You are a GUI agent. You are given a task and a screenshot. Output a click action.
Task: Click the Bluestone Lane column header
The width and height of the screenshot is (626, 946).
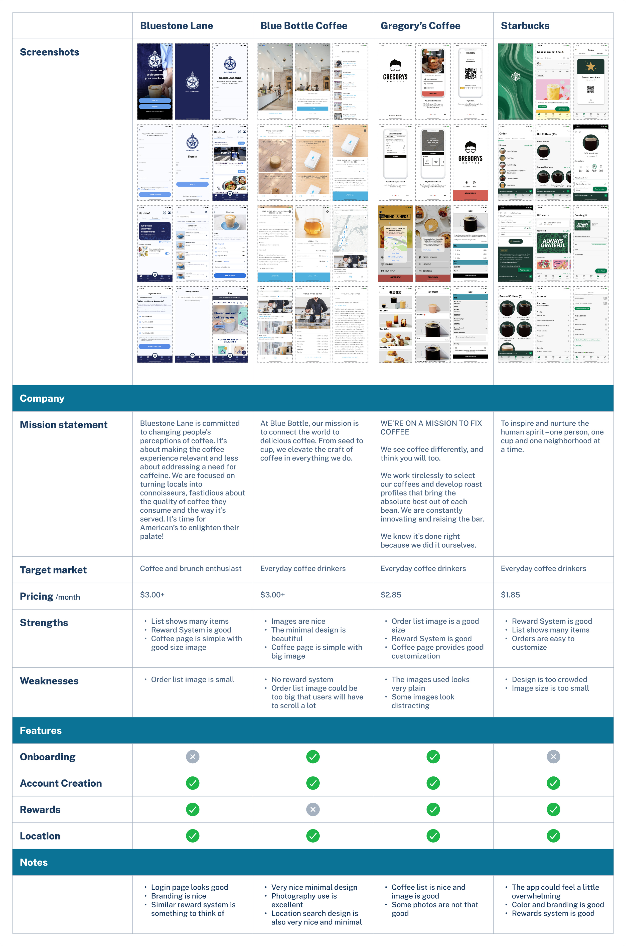click(177, 26)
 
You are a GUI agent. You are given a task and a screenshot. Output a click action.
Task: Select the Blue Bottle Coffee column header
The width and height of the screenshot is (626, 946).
click(303, 26)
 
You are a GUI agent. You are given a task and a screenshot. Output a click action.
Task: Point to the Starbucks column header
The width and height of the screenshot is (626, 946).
click(525, 26)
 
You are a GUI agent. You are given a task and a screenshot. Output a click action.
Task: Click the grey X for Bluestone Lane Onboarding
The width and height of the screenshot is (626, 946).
click(192, 757)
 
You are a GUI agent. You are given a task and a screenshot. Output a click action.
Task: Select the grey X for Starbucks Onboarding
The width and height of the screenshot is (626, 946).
click(553, 757)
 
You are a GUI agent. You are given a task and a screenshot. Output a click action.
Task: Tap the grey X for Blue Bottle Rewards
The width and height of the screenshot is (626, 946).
click(312, 809)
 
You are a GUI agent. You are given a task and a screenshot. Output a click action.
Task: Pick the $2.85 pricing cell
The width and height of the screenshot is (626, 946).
click(391, 595)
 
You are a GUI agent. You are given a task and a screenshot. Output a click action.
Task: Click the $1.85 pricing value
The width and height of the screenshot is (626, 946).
click(510, 595)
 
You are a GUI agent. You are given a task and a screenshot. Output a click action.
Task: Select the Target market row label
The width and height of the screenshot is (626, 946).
click(53, 570)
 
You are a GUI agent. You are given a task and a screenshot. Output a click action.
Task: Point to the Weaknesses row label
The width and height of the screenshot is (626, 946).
click(49, 681)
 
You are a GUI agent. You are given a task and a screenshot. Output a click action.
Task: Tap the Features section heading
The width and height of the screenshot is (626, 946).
click(41, 730)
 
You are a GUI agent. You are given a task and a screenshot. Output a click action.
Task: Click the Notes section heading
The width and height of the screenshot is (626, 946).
click(34, 862)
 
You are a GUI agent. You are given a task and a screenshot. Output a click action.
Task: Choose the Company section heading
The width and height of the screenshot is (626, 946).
click(42, 398)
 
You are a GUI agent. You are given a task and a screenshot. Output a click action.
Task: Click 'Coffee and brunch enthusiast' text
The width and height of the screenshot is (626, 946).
click(191, 568)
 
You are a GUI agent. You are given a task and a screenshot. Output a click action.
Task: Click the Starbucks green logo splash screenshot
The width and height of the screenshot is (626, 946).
click(515, 81)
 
